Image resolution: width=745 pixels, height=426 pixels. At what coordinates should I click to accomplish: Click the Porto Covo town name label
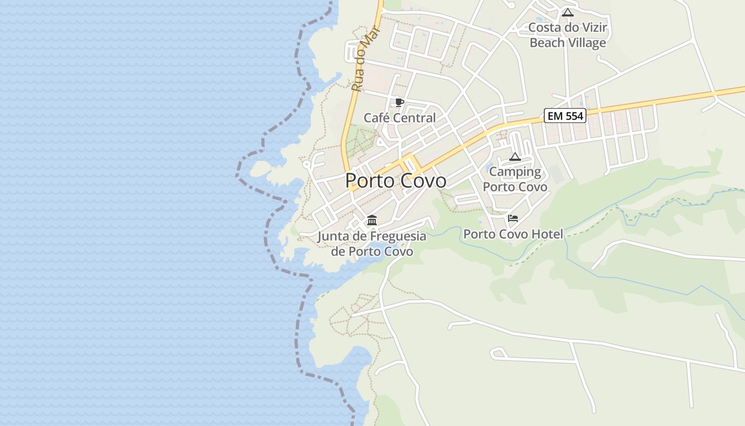[x=396, y=181]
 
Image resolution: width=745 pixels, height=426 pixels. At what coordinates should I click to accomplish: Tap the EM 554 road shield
[x=565, y=116]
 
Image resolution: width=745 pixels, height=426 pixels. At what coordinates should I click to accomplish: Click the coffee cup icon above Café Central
[x=400, y=103]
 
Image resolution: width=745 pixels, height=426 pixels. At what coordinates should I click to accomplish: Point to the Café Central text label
[x=400, y=118]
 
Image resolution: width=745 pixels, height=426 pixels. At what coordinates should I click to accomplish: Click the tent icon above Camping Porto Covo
[x=515, y=157]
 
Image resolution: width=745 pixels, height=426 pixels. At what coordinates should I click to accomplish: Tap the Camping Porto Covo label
[x=515, y=179]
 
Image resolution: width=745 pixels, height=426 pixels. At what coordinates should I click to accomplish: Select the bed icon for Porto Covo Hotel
[x=513, y=218]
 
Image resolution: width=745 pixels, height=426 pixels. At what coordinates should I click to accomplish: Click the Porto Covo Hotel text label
[x=513, y=234]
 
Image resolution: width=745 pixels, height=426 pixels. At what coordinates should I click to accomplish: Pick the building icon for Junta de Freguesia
[x=372, y=220]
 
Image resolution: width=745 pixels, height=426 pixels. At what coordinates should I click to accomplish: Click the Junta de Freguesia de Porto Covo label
[x=372, y=243]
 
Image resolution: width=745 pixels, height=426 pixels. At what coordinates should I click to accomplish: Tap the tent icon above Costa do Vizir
[x=568, y=12]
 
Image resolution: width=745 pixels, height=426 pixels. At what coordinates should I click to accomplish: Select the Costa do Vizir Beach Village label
[x=568, y=35]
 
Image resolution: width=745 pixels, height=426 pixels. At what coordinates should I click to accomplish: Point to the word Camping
[x=515, y=172]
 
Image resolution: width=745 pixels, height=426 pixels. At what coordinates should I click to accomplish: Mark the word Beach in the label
[x=547, y=43]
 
